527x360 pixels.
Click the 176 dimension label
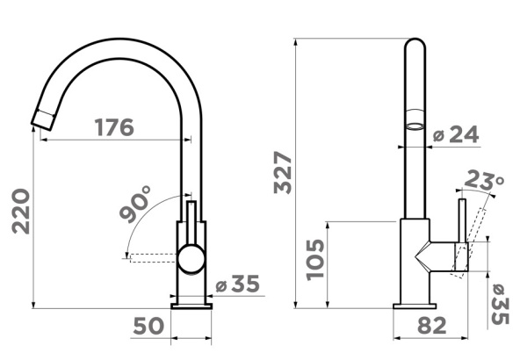coord(114,127)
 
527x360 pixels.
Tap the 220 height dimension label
coord(21,211)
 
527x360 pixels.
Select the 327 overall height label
coord(283,172)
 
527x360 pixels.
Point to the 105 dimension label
coord(315,259)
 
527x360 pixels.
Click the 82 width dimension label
coord(432,326)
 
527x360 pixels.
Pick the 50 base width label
coord(148,326)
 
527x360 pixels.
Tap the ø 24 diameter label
coord(456,134)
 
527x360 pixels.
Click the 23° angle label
coord(484,180)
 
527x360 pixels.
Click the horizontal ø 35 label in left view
coord(238,284)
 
